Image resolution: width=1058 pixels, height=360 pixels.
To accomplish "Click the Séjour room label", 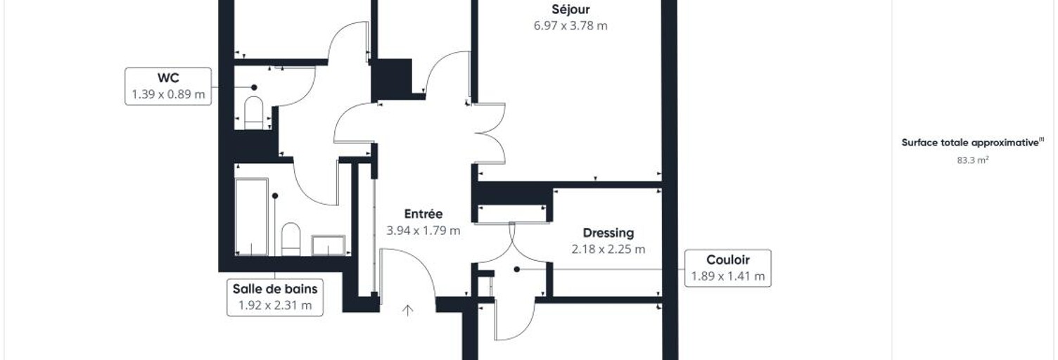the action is [x=571, y=9].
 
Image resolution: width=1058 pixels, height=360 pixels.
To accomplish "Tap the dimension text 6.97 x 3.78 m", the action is [x=571, y=25].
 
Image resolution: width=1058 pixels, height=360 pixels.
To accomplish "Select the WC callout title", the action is [x=168, y=77].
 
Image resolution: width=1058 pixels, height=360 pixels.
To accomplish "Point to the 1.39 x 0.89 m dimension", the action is [x=168, y=94].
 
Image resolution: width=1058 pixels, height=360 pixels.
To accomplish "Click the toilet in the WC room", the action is [x=254, y=112].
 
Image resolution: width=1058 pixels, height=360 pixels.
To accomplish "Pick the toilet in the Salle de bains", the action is [x=291, y=239].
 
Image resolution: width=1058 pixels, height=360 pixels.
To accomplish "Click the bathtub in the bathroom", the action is [x=251, y=217].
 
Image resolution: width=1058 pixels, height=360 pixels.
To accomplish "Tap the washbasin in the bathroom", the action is [x=329, y=245].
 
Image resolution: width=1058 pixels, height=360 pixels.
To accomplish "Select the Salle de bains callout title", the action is [x=275, y=289].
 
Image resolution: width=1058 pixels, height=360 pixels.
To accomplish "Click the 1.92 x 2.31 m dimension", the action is [x=275, y=305].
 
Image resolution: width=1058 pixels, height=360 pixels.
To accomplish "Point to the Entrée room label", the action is [x=423, y=214].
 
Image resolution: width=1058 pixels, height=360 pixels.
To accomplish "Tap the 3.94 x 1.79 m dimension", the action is [x=423, y=231].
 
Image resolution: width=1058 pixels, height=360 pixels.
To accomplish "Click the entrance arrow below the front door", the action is [x=408, y=310].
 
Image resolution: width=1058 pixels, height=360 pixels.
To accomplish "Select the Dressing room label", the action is [x=608, y=233].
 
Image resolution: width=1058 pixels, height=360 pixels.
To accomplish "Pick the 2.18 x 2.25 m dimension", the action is [x=608, y=249].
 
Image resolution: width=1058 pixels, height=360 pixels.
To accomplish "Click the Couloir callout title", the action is [x=728, y=259].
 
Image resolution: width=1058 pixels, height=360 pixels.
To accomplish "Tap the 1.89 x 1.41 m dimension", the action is [x=728, y=276].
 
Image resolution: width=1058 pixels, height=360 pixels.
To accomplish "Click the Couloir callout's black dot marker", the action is [x=517, y=269].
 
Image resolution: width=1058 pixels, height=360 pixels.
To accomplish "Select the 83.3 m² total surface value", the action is [x=973, y=160].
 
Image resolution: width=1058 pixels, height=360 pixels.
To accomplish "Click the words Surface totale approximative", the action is [x=970, y=143].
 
